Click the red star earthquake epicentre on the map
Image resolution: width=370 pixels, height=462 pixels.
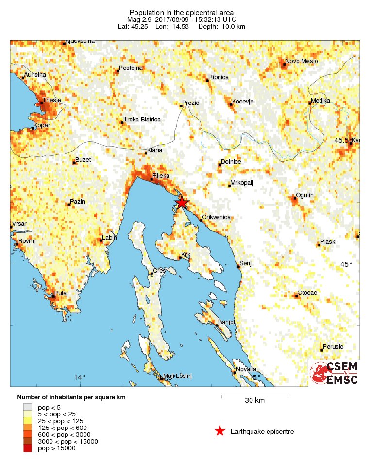[181, 203]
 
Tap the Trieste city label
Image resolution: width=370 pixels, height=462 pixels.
[51, 100]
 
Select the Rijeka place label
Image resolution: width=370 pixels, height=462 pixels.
[161, 175]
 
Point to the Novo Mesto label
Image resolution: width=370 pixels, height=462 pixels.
[302, 61]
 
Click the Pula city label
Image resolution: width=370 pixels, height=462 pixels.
[61, 293]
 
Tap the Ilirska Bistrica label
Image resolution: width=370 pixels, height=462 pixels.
[142, 120]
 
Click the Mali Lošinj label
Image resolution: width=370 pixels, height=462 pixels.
[178, 376]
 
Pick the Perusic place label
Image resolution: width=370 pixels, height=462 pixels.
[333, 346]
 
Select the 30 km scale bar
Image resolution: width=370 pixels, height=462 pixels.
[254, 397]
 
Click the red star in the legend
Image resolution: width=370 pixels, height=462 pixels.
[220, 431]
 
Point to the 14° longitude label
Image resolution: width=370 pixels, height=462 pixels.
[80, 377]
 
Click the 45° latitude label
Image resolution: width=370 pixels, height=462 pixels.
[346, 264]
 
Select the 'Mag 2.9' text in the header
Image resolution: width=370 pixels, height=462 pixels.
[139, 19]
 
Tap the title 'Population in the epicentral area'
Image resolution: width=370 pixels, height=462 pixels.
[182, 12]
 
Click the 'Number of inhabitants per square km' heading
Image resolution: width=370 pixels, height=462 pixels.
[71, 397]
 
